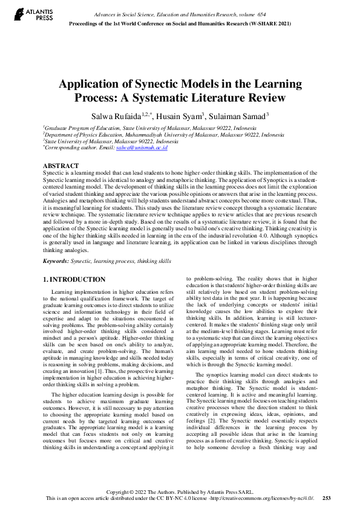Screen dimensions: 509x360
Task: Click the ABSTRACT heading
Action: [x=61, y=166]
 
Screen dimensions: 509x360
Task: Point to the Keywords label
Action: [x=59, y=261]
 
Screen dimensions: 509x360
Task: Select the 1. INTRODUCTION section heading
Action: [x=75, y=279]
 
